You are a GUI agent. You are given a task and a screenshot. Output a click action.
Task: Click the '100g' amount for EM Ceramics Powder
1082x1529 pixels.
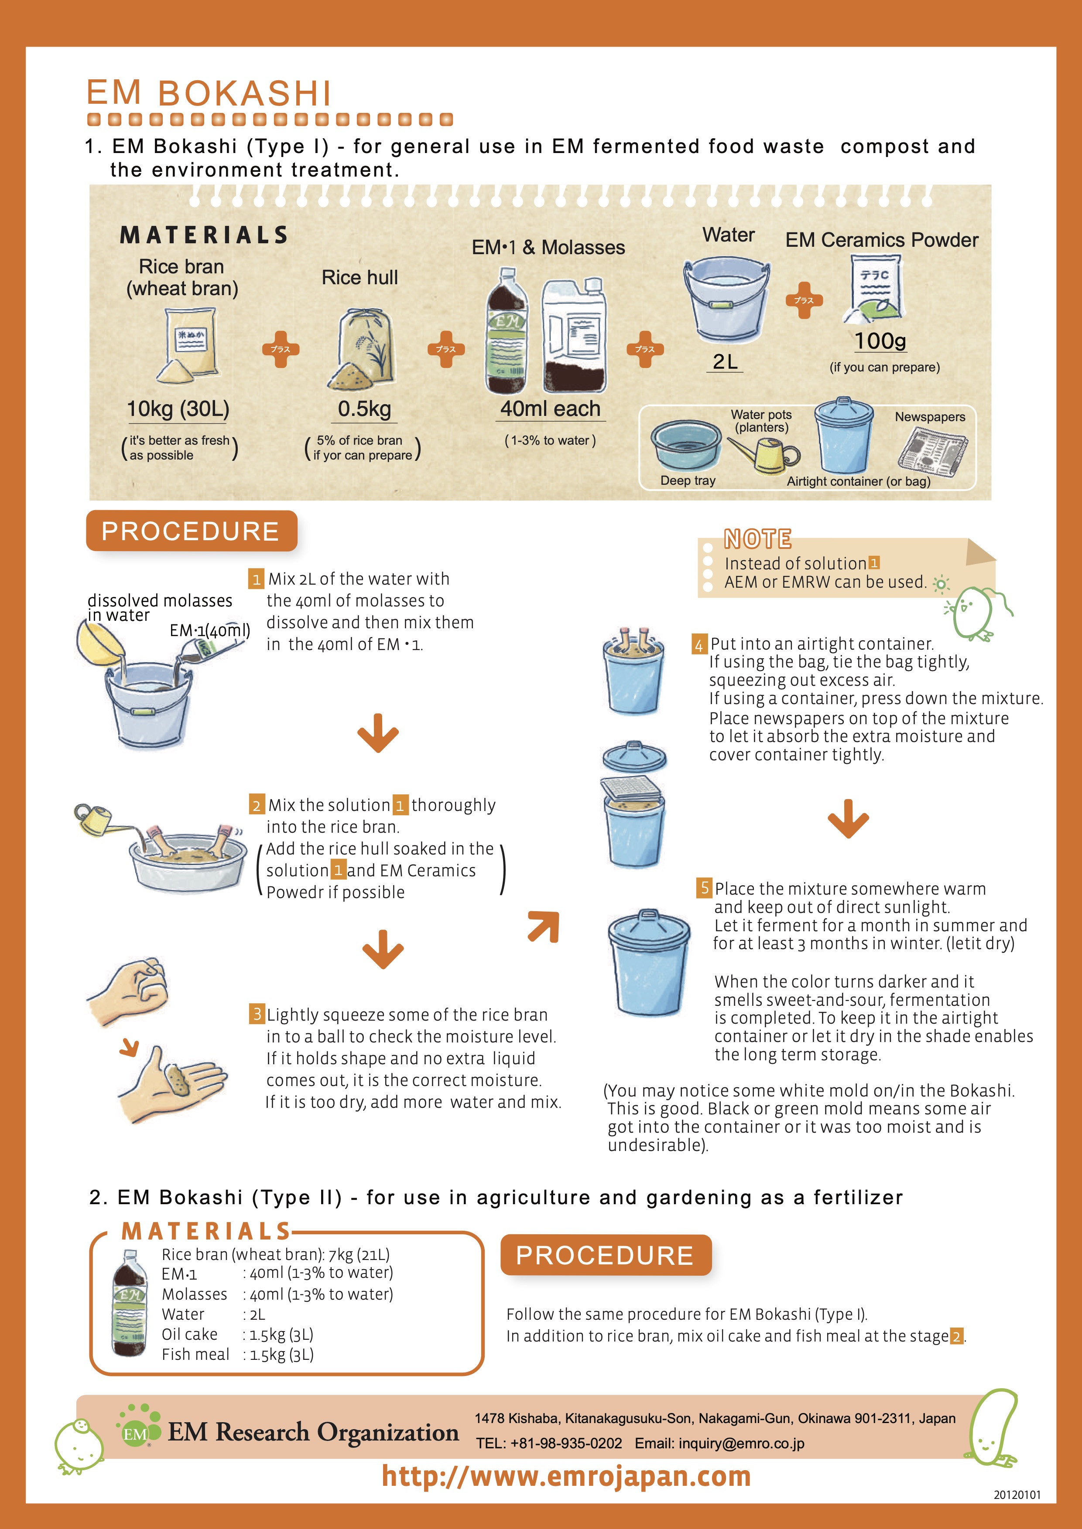tap(880, 341)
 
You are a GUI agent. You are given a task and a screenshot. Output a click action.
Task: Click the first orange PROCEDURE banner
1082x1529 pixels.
tap(191, 531)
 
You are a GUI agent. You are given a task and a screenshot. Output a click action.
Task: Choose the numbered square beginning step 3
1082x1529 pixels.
tap(257, 1014)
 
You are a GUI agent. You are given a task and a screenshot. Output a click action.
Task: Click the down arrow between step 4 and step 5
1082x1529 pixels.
tap(848, 818)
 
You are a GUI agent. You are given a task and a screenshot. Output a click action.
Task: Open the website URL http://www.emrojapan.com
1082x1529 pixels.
tap(566, 1476)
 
